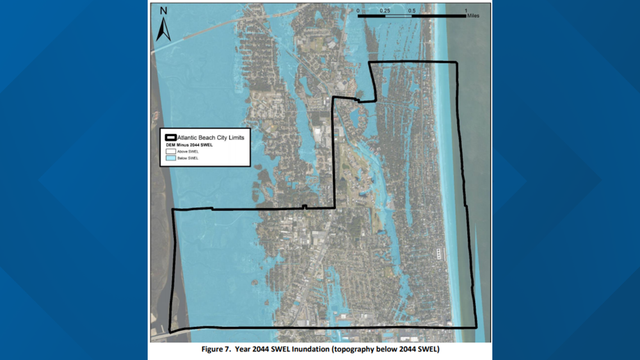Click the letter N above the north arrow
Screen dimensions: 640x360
pyautogui.click(x=163, y=11)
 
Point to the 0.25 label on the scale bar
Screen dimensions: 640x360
pyautogui.click(x=385, y=11)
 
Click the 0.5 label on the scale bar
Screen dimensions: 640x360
pyautogui.click(x=412, y=11)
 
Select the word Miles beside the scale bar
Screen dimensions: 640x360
pyautogui.click(x=474, y=16)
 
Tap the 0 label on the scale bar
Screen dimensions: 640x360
pyautogui.click(x=358, y=11)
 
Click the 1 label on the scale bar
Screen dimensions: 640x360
pyautogui.click(x=466, y=11)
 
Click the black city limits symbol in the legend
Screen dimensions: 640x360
pyautogui.click(x=171, y=138)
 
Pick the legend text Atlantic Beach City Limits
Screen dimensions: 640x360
pyautogui.click(x=211, y=138)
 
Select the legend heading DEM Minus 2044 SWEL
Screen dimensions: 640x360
pyautogui.click(x=189, y=145)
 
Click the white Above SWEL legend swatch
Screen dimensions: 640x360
pyautogui.click(x=171, y=152)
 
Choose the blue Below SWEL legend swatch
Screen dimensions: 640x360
pyautogui.click(x=171, y=159)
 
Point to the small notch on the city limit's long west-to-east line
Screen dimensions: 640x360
pyautogui.click(x=304, y=207)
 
